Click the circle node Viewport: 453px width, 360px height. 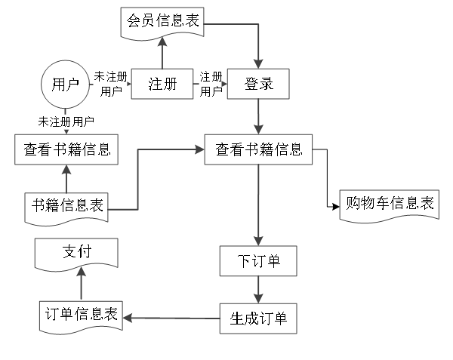coord(65,85)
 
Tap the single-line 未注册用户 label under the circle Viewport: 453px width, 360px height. coord(66,122)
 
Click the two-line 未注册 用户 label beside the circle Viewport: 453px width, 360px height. coord(110,84)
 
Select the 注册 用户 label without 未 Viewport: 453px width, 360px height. coord(211,84)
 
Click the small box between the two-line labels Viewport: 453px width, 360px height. coord(162,84)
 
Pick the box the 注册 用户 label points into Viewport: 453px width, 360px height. coord(257,84)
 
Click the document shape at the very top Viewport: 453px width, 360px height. coord(162,22)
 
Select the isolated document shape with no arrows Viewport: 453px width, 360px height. coord(389,205)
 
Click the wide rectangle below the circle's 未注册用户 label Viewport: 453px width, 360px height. coord(66,149)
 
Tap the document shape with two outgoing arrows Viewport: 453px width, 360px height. coord(66,208)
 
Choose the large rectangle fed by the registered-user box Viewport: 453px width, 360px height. coord(258,149)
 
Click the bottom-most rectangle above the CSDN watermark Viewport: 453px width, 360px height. coord(257,318)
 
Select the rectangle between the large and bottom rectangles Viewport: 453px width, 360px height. coord(257,261)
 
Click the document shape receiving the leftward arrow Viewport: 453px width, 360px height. coord(81,317)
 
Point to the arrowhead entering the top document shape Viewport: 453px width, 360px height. coord(162,42)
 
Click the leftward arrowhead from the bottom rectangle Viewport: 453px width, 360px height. coord(128,318)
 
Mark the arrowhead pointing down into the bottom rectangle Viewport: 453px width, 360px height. coord(258,298)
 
